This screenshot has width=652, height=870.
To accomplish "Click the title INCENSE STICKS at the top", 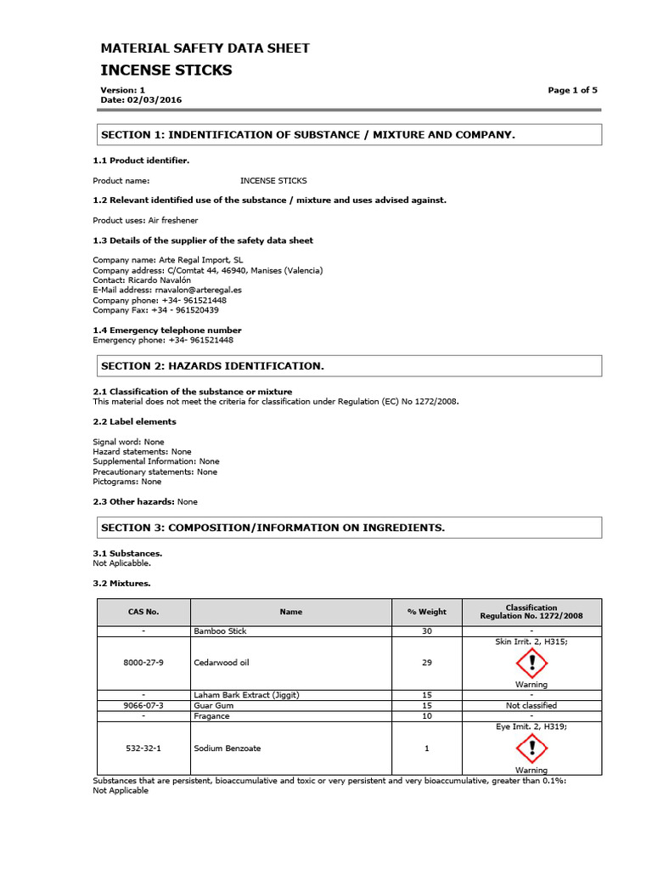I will pyautogui.click(x=166, y=70).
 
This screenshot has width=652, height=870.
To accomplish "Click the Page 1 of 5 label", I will pyautogui.click(x=572, y=90).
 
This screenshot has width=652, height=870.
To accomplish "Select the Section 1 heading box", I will pyautogui.click(x=347, y=135).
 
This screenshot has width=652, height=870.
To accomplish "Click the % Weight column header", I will pyautogui.click(x=426, y=612).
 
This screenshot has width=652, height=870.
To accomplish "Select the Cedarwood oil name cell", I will pyautogui.click(x=222, y=662).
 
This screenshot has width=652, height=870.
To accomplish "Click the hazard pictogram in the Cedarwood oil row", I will pyautogui.click(x=531, y=662).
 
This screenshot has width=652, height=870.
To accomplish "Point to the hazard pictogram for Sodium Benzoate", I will pyautogui.click(x=531, y=748).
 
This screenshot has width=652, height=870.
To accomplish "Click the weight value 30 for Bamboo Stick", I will pyautogui.click(x=426, y=632).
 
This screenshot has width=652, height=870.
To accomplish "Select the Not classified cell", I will pyautogui.click(x=531, y=705).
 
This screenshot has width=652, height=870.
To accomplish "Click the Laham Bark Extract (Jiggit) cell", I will pyautogui.click(x=246, y=695).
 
